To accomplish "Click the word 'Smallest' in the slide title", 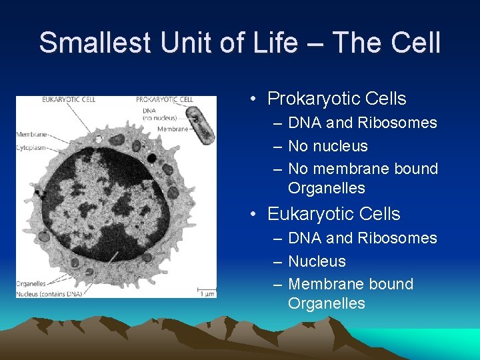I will (x=89, y=43).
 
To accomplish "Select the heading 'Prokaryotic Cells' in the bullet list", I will (x=336, y=99).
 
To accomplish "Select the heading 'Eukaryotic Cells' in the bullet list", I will (x=333, y=214).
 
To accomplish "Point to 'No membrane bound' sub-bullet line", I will (x=363, y=169).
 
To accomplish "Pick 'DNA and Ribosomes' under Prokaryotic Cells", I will (x=362, y=123).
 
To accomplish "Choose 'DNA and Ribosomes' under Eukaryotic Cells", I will (x=362, y=238).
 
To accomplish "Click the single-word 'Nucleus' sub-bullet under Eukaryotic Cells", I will (x=317, y=261).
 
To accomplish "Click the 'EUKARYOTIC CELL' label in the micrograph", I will (x=69, y=100).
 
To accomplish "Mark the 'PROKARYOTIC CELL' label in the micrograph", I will (x=164, y=100).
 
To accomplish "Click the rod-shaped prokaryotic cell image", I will (x=201, y=124).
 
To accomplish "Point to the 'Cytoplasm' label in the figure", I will (x=31, y=147).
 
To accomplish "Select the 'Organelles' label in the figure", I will (x=31, y=283).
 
